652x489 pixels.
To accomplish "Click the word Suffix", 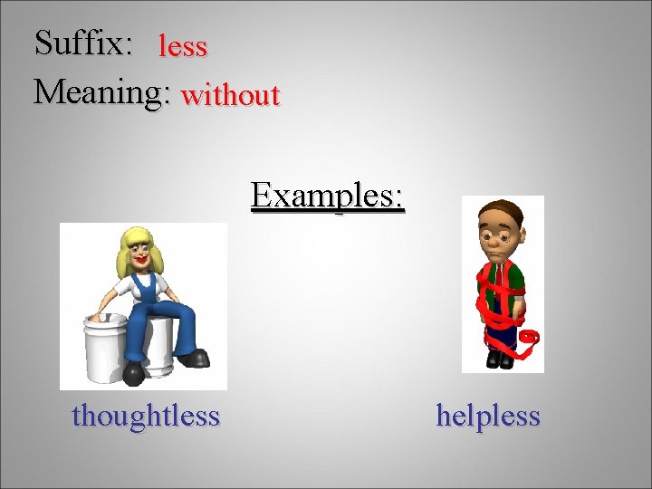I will click(x=82, y=43).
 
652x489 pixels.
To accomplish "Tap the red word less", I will click(x=183, y=46).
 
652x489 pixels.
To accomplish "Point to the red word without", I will click(x=230, y=94).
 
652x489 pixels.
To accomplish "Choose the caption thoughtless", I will click(x=146, y=416).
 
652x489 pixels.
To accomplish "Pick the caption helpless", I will click(x=488, y=416).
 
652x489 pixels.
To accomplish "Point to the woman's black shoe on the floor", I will click(x=134, y=372).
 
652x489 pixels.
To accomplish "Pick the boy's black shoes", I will click(x=499, y=359).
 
